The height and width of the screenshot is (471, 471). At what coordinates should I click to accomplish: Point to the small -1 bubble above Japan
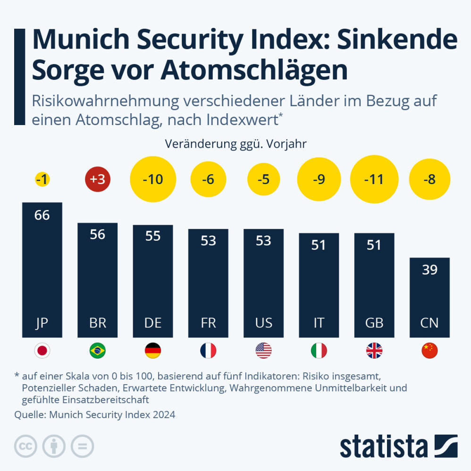pyautogui.click(x=42, y=180)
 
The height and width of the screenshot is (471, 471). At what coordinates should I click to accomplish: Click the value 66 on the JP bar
pyautogui.click(x=42, y=215)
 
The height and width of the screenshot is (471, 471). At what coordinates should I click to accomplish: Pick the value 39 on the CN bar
pyautogui.click(x=429, y=270)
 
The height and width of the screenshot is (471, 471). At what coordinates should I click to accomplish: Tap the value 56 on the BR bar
pyautogui.click(x=97, y=235)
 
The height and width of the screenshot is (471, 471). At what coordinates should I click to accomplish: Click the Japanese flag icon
pyautogui.click(x=42, y=351)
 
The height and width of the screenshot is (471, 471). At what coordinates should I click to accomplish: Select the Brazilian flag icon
pyautogui.click(x=97, y=351)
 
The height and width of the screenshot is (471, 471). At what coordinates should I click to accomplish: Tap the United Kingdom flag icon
pyautogui.click(x=374, y=351)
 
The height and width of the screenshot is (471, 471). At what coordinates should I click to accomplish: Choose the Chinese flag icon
pyautogui.click(x=429, y=351)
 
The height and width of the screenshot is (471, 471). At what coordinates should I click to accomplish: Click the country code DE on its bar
pyautogui.click(x=152, y=323)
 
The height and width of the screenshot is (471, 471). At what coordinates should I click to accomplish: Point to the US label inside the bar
pyautogui.click(x=263, y=323)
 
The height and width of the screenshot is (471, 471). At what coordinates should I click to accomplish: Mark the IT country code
pyautogui.click(x=319, y=323)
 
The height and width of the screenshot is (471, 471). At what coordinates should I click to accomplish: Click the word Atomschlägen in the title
pyautogui.click(x=254, y=70)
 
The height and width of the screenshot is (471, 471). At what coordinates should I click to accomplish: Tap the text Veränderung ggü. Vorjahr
pyautogui.click(x=235, y=144)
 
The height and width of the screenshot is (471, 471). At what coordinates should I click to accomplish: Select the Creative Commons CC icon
pyautogui.click(x=26, y=446)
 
